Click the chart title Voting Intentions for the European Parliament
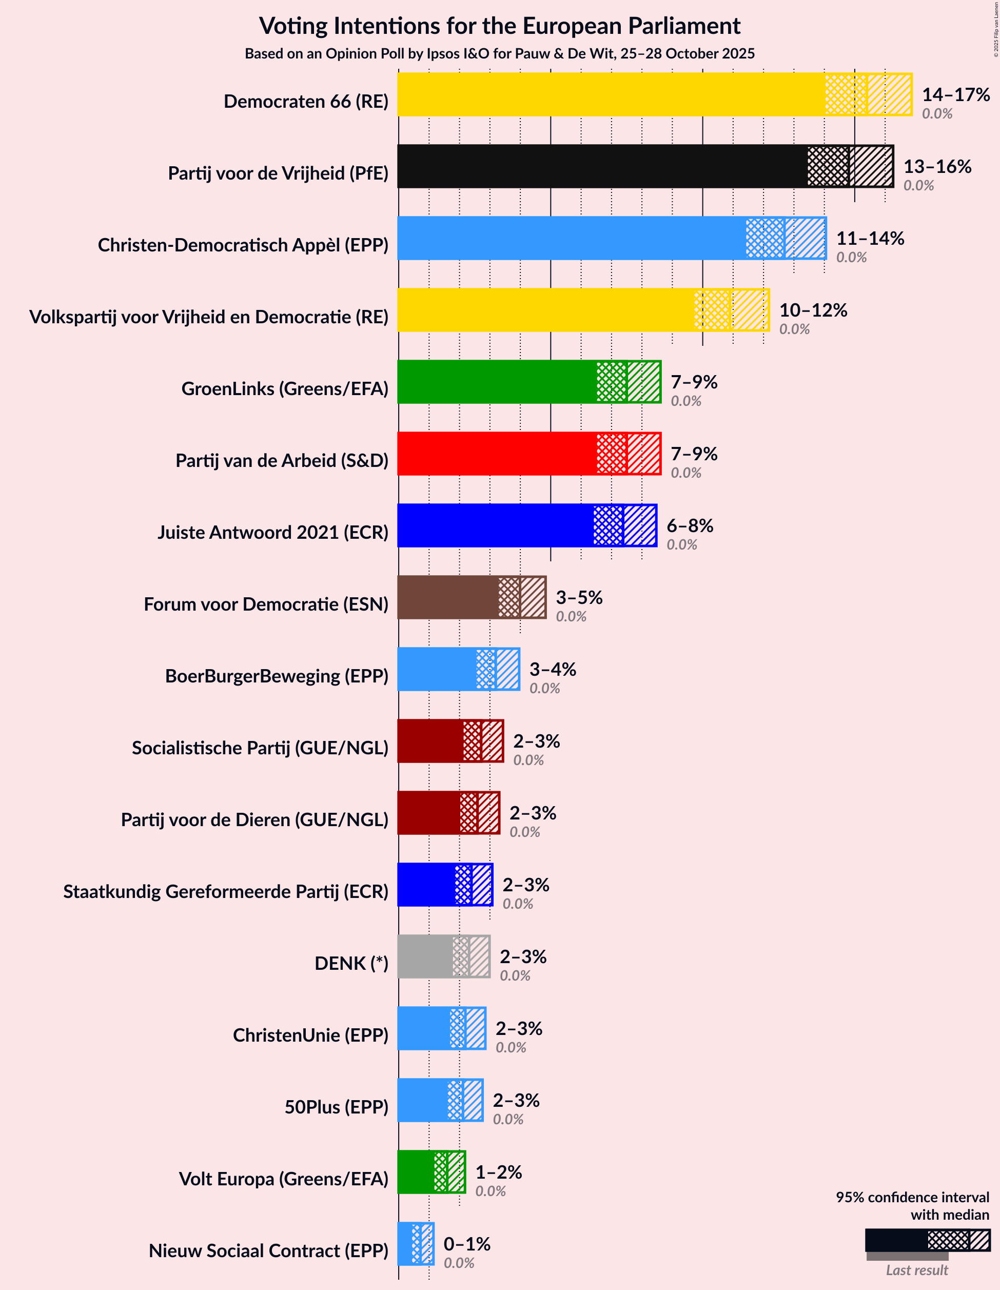tap(500, 26)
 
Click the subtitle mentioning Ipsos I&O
tap(500, 54)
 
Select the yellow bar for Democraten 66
tap(612, 94)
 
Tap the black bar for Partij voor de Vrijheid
tap(602, 167)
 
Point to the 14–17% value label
tap(956, 94)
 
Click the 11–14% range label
tap(870, 238)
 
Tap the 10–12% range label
tap(813, 310)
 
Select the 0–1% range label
tap(466, 1244)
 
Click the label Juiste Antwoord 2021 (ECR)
tap(273, 532)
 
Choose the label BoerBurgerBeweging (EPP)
tap(277, 676)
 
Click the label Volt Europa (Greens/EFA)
tap(284, 1179)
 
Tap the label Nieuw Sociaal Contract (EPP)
tap(268, 1250)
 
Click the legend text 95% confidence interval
tap(912, 1197)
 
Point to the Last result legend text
tap(917, 1271)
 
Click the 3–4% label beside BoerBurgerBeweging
tap(552, 669)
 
